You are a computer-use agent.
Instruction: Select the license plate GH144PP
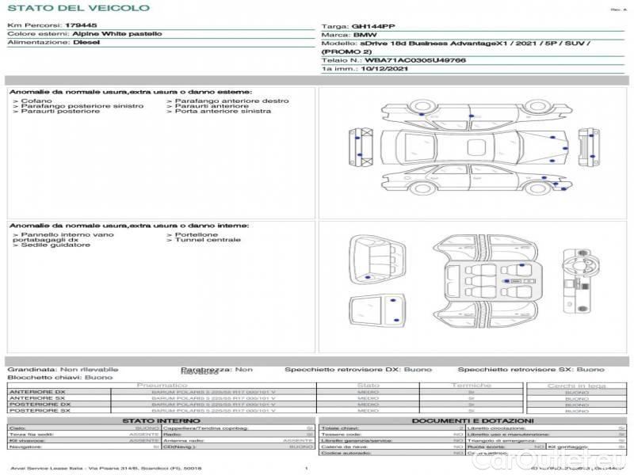pos(372,26)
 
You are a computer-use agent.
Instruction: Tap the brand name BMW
pos(365,35)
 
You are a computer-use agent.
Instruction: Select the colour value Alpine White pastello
pos(116,35)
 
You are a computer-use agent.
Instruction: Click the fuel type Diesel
pos(86,43)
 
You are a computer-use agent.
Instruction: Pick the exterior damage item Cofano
pos(36,101)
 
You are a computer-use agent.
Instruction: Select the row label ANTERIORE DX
pos(37,393)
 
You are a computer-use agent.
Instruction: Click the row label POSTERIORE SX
pos(37,410)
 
